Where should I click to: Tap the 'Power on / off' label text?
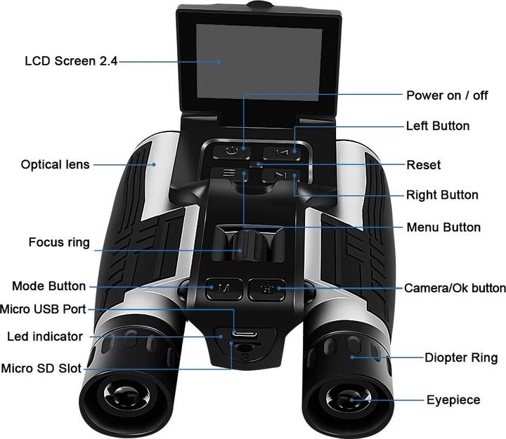click(x=446, y=96)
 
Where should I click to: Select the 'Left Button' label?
click(x=438, y=126)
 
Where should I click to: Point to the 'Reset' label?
click(x=424, y=165)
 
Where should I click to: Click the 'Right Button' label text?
click(x=442, y=195)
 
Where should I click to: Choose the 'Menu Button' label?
click(x=443, y=228)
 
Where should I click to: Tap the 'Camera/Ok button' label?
click(x=455, y=289)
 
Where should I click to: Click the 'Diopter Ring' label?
click(x=461, y=358)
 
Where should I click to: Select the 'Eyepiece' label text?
click(x=453, y=400)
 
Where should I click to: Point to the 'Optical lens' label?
click(x=56, y=165)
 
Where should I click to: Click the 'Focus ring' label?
click(x=59, y=243)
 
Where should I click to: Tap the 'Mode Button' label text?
click(x=48, y=287)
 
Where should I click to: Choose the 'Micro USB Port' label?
click(x=44, y=308)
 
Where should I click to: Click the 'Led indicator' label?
click(x=45, y=336)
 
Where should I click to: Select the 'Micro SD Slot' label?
click(x=41, y=368)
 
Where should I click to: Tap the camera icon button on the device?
click(x=266, y=288)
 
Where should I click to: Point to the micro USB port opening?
click(x=243, y=333)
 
